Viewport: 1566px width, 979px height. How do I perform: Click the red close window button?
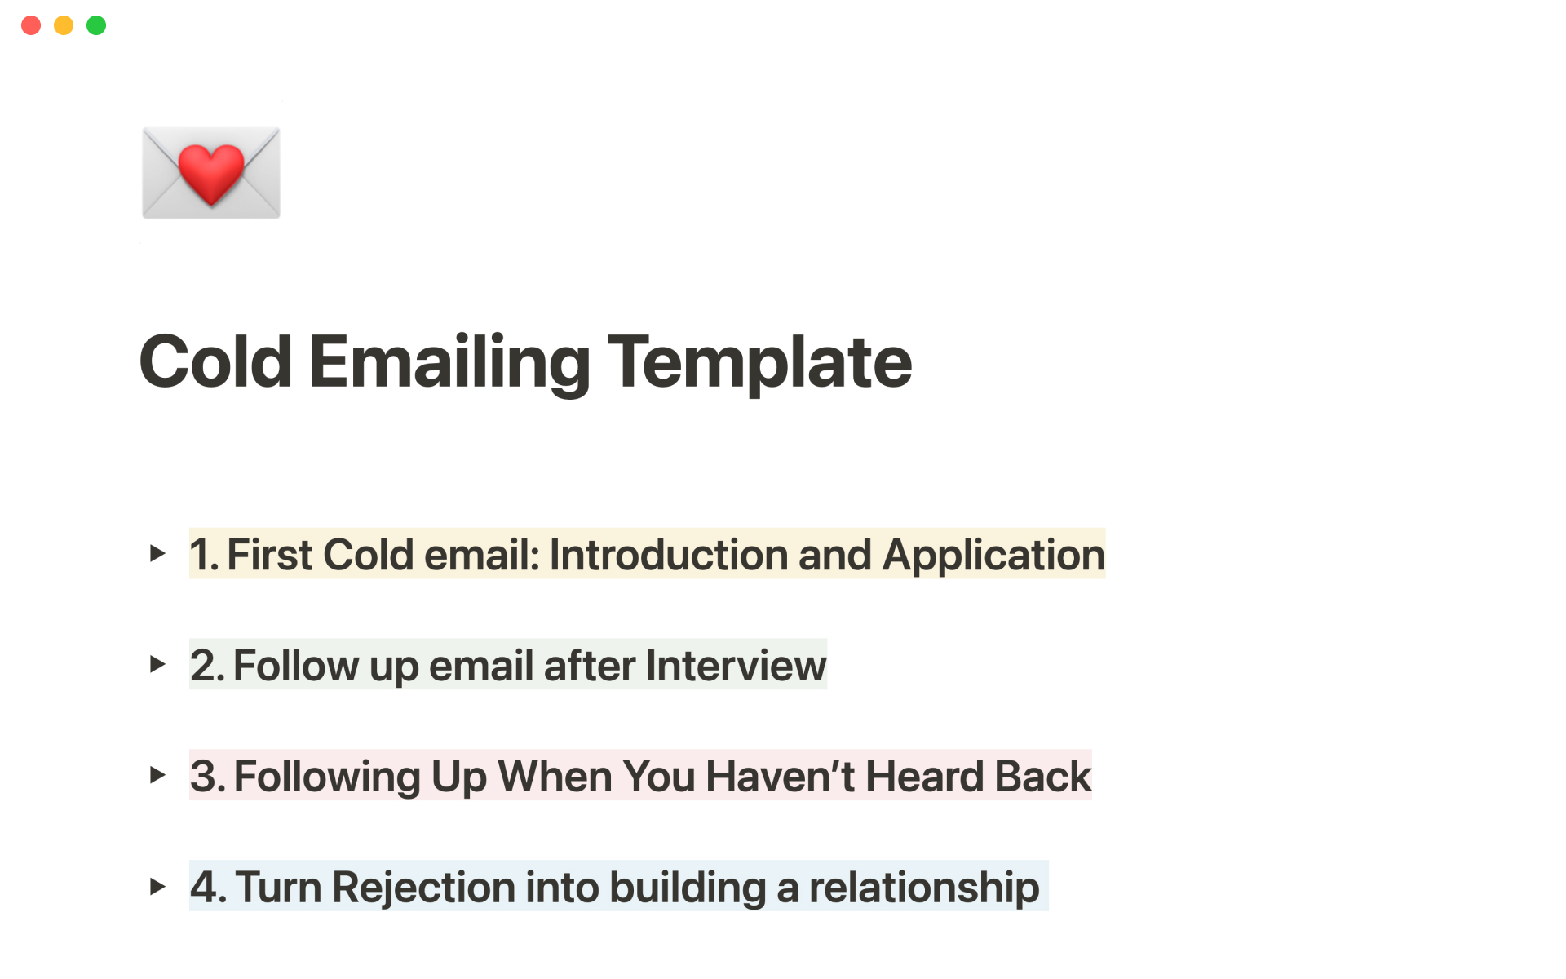tap(31, 25)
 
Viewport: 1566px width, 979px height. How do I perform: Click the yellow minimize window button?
tap(64, 25)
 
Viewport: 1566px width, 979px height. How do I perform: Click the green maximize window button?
tap(96, 25)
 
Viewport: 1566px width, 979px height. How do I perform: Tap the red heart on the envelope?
tap(210, 173)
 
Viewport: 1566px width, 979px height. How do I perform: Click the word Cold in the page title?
tap(215, 361)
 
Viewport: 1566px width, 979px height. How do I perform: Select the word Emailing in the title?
tap(449, 364)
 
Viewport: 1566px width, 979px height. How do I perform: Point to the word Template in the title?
tap(760, 364)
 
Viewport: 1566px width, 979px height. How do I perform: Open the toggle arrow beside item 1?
tap(157, 554)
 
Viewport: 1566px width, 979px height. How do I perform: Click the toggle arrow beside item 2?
tap(157, 664)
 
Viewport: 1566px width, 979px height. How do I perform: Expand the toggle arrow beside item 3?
tap(157, 775)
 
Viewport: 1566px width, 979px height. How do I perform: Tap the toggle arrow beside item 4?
tap(157, 886)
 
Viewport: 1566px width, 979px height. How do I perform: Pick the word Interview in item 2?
tap(736, 666)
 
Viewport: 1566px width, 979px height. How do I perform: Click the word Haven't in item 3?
tap(780, 776)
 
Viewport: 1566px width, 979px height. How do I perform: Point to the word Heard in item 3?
tap(923, 776)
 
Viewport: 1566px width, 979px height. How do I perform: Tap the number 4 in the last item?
tap(204, 887)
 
